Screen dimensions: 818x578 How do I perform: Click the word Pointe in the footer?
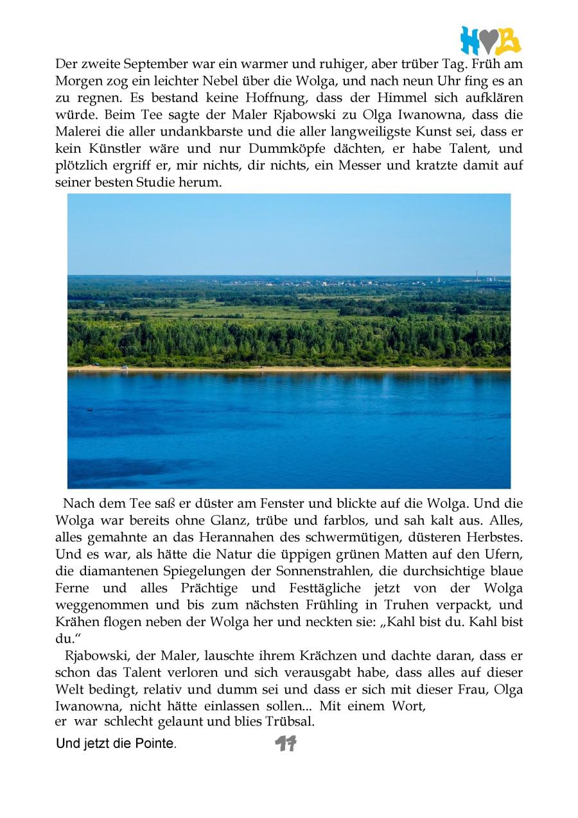156,745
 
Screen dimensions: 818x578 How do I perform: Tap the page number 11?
285,744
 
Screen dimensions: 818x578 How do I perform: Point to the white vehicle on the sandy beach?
125,367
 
